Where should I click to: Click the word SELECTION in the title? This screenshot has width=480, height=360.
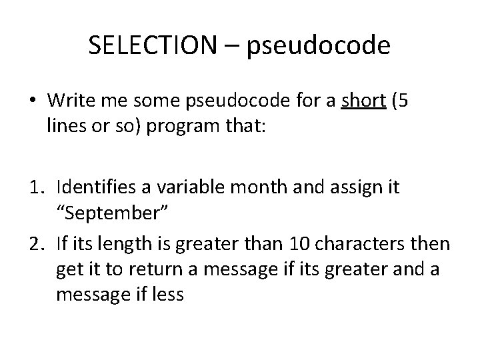pyautogui.click(x=153, y=46)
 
